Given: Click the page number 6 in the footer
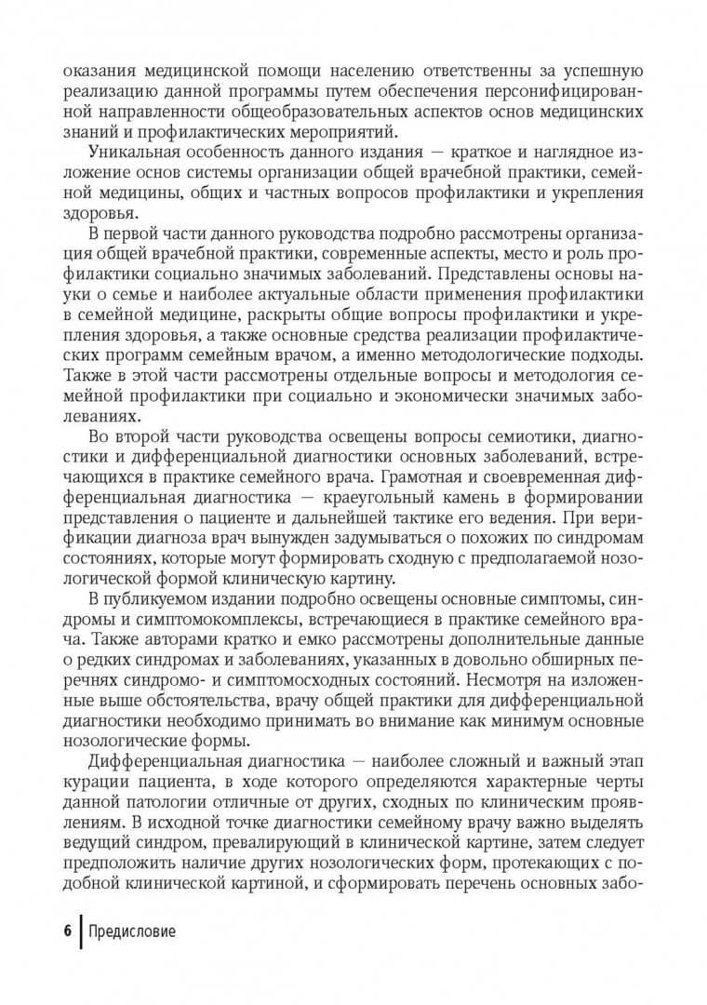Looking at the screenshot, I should click(x=67, y=931).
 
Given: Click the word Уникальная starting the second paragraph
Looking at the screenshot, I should click(x=135, y=152).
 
